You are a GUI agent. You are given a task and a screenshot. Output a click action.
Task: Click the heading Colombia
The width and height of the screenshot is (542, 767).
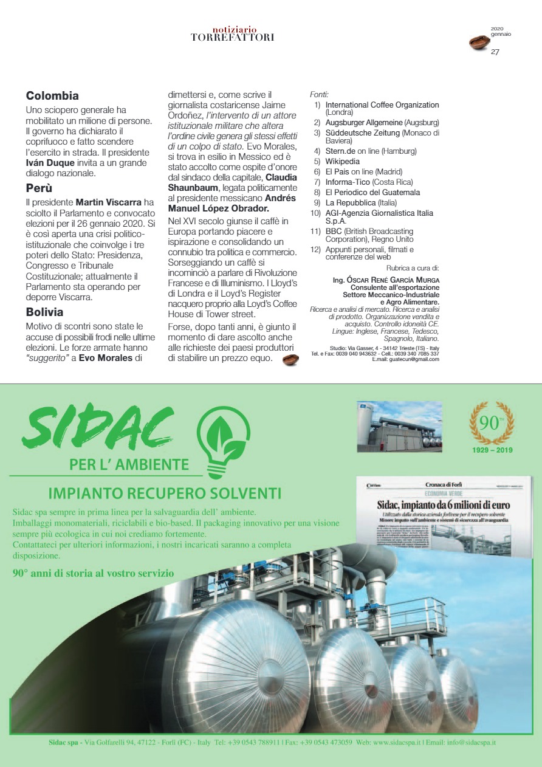(52, 96)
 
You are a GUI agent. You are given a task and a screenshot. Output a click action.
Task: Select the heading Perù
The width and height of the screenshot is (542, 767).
(39, 188)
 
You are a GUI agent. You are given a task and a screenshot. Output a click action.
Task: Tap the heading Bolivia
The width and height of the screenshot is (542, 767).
(44, 312)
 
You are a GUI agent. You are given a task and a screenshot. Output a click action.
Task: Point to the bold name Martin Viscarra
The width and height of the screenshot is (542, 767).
(106, 202)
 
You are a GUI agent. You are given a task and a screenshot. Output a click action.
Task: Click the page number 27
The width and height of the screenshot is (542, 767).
(495, 52)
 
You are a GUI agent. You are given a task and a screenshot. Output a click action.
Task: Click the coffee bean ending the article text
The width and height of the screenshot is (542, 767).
(290, 359)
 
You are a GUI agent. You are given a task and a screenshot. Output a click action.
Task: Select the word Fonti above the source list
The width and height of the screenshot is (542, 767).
(319, 95)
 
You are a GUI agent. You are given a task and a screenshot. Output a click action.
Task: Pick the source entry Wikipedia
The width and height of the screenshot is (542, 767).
(343, 162)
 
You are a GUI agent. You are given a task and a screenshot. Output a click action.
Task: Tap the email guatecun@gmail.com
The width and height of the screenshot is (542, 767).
(414, 359)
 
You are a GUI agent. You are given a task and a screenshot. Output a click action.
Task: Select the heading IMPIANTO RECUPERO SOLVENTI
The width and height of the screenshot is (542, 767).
(164, 492)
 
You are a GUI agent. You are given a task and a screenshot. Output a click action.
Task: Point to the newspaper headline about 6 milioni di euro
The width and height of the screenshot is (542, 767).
(443, 505)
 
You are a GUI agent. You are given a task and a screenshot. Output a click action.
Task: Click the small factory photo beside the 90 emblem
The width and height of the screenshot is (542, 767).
(401, 428)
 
